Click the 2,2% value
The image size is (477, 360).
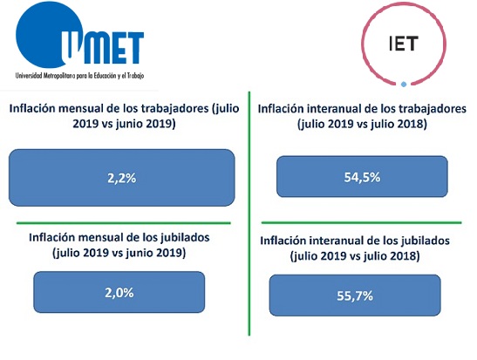(x=122, y=178)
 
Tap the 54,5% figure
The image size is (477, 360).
(x=362, y=177)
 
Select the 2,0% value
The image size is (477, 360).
(x=119, y=293)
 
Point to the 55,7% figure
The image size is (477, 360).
(x=355, y=295)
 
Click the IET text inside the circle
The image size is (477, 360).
(x=404, y=44)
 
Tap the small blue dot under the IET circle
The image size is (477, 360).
(x=404, y=85)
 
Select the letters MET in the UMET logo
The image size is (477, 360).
(x=113, y=47)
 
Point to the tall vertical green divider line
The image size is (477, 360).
(x=249, y=214)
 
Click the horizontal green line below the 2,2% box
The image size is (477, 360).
(x=124, y=223)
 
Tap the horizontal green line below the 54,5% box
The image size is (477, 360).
(x=361, y=222)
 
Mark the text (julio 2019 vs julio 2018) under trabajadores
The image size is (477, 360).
(x=362, y=124)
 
